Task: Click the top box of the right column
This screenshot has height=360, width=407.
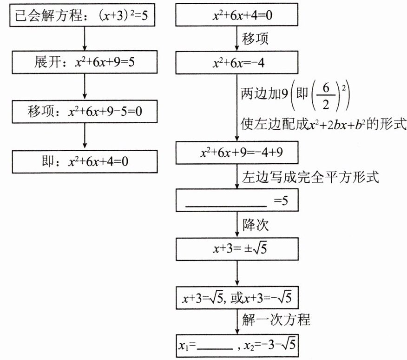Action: tap(236, 17)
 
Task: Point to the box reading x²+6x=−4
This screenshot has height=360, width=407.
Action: tap(236, 62)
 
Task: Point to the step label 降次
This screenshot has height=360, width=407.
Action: tap(256, 226)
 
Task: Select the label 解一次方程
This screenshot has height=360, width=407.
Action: tap(276, 320)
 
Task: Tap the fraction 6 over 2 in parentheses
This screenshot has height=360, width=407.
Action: tap(326, 97)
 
